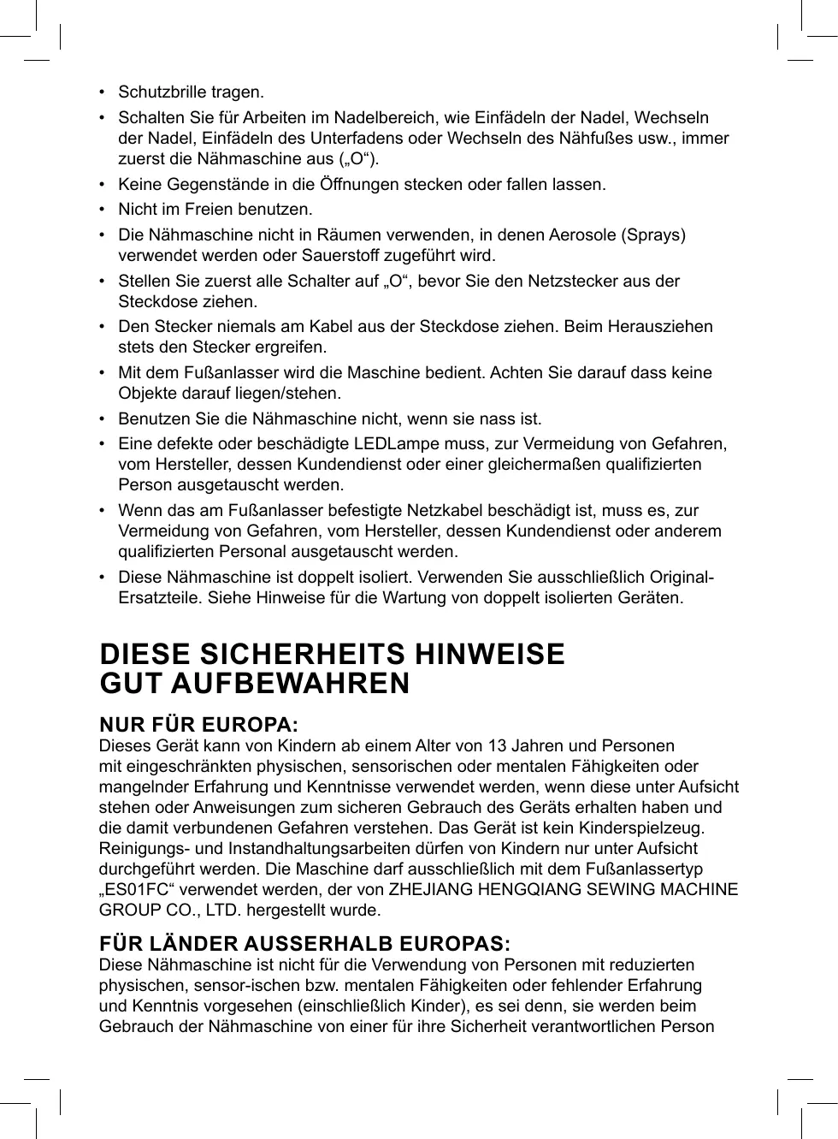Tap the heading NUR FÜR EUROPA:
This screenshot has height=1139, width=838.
coord(199,725)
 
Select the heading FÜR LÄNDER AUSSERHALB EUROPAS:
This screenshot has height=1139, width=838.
coord(305,944)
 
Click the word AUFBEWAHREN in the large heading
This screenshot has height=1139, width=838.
coord(290,684)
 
